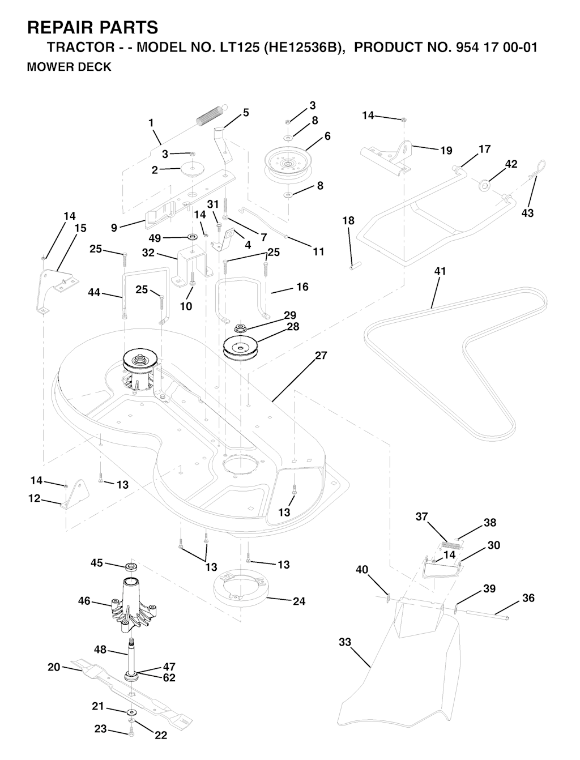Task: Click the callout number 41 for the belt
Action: tap(440, 271)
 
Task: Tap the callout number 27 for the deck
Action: tap(321, 356)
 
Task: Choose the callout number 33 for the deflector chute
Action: tap(345, 642)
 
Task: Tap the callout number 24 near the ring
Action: tap(298, 601)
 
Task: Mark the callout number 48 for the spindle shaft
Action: tap(100, 650)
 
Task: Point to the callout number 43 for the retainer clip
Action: tap(527, 214)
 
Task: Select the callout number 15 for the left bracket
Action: tap(80, 228)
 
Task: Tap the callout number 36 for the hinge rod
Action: tap(528, 598)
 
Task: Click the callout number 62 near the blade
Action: tap(169, 677)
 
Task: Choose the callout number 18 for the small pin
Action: tap(348, 220)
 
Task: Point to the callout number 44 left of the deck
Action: tap(94, 292)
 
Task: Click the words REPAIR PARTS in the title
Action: tap(92, 27)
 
